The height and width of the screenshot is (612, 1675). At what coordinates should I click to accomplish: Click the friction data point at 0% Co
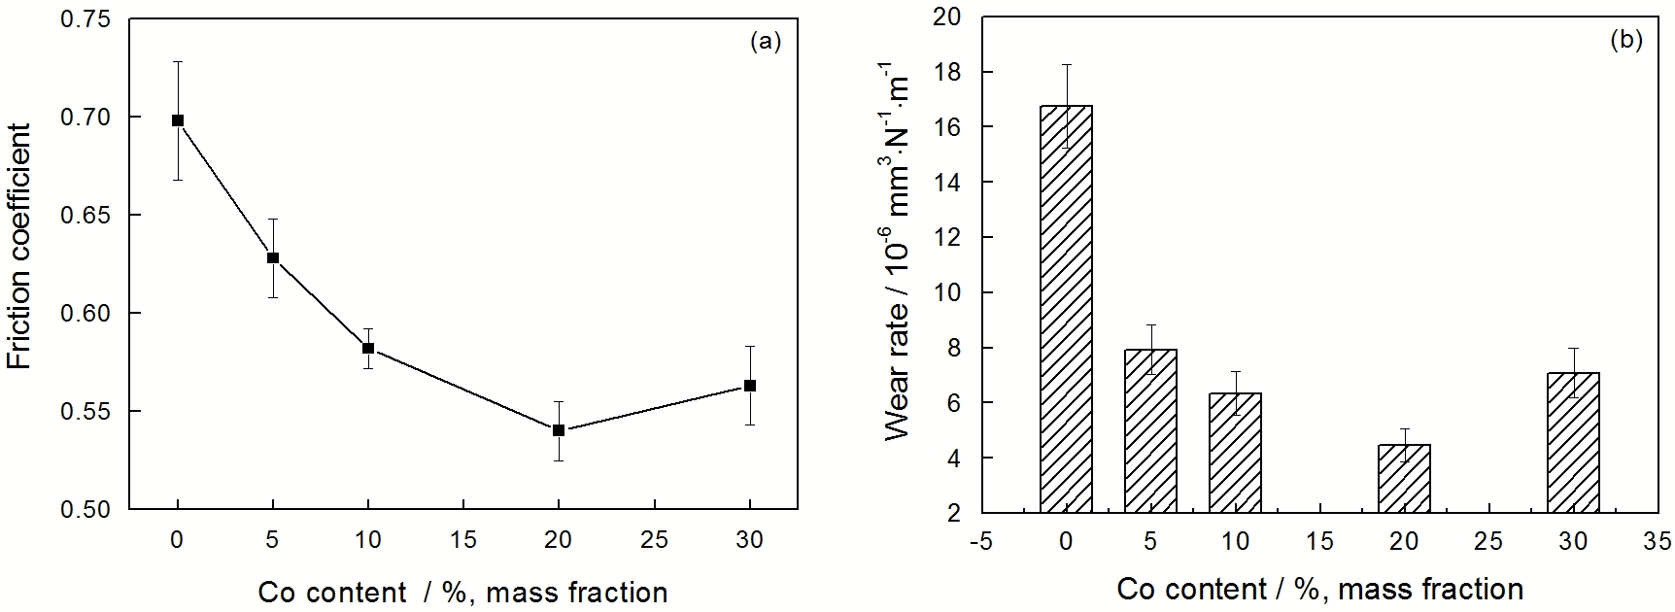pos(178,120)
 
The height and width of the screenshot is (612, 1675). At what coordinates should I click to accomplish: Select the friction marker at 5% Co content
pos(273,257)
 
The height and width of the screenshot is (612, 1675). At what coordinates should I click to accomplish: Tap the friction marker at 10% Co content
pos(368,348)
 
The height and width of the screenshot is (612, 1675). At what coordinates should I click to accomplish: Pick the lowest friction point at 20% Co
pos(559,429)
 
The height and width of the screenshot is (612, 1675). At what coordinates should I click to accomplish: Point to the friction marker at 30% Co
pos(750,386)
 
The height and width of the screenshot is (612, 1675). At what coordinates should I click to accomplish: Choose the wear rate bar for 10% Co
pos(1235,453)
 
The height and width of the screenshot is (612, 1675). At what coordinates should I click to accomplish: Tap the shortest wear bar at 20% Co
pos(1404,478)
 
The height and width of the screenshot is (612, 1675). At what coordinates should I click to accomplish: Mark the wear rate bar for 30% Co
pos(1573,442)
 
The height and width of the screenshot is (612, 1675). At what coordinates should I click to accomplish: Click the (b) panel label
pos(1625,41)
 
